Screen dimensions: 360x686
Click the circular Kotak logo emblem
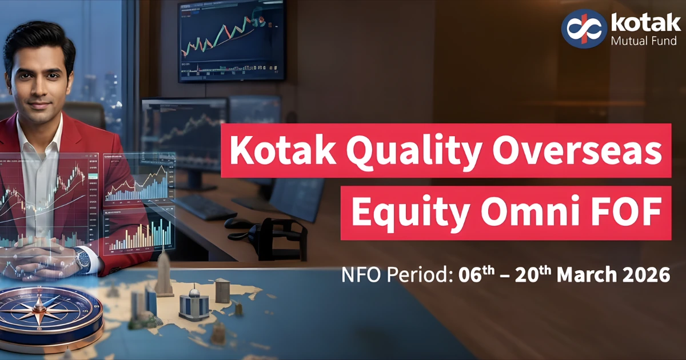point(583,28)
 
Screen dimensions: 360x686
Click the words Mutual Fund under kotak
point(644,41)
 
